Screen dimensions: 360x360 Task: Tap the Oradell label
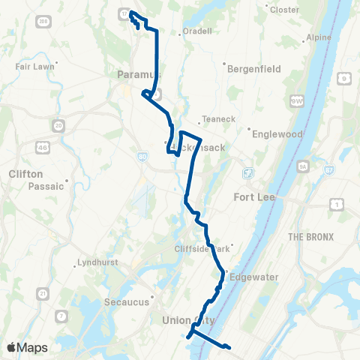(199, 31)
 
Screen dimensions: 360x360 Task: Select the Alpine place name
(319, 37)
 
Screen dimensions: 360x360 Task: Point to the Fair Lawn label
(32, 65)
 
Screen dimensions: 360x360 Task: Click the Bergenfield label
(256, 68)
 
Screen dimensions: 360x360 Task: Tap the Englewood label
(277, 134)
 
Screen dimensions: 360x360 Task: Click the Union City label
(188, 320)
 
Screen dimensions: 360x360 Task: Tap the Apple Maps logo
(26, 347)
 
